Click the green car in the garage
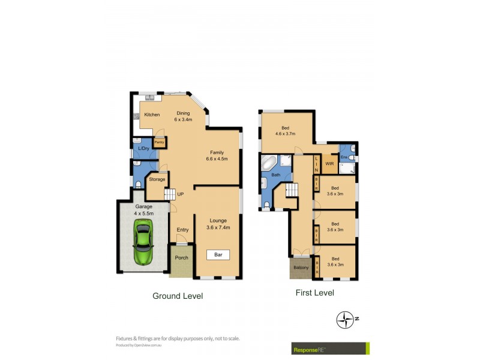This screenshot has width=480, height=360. coord(143,241)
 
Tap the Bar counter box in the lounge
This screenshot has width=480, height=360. coord(218,255)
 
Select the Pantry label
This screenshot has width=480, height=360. coord(159,142)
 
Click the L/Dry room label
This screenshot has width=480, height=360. coord(143,148)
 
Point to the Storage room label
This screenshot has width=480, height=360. coord(157,179)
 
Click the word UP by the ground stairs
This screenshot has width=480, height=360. coord(180,194)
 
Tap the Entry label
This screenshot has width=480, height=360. coord(182,230)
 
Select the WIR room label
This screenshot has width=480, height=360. coord(329,163)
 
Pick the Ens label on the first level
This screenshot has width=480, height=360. coord(344,157)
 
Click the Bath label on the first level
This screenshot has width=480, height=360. coord(275,175)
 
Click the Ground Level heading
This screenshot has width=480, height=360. coord(178,296)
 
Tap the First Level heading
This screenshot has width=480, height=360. coord(314,293)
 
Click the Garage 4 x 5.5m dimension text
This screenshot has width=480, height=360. coord(143,210)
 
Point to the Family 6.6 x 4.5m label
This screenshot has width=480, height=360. coord(217,155)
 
